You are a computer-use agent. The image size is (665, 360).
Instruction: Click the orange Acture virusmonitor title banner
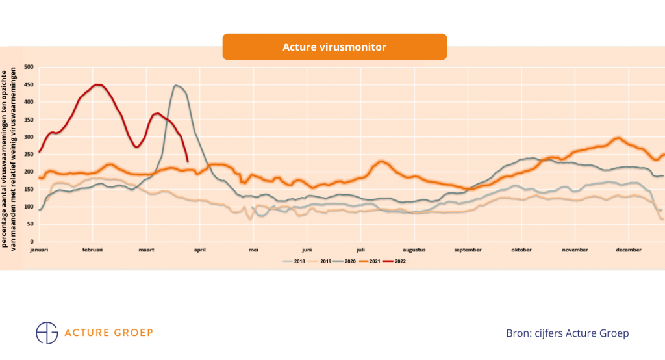coord(334,47)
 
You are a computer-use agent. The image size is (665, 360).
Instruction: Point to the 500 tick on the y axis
coord(29,67)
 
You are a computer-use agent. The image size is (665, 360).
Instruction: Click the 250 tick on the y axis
coord(29,154)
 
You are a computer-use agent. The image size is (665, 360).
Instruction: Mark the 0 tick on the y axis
coord(32,241)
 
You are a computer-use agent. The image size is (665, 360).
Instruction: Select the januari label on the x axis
coord(40,249)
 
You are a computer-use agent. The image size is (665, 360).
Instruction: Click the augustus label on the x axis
coord(414,249)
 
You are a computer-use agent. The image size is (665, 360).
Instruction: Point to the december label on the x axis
coord(629,249)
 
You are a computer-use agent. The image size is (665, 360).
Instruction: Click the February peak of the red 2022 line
coord(98,85)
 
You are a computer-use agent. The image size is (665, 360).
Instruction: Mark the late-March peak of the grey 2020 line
coord(175,86)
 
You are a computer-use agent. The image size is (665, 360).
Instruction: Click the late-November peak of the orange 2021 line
coord(617,138)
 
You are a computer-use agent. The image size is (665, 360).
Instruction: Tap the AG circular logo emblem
coord(47,332)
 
